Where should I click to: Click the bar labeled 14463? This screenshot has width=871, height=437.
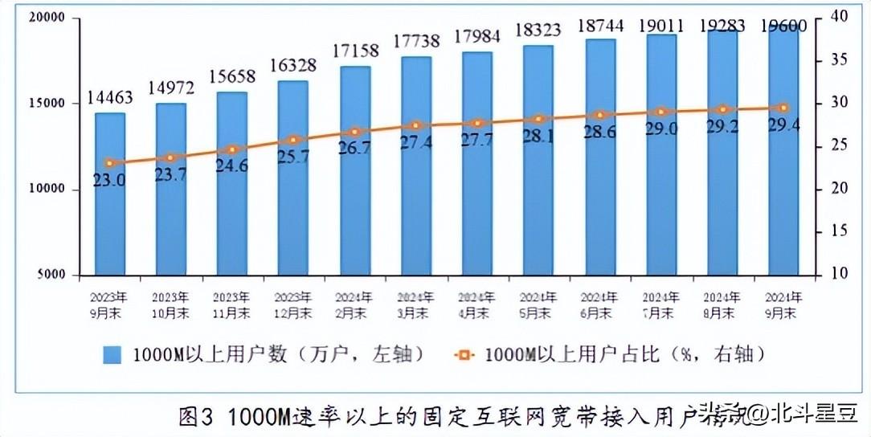[x=110, y=193]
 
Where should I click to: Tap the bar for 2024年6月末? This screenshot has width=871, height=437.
[x=599, y=157]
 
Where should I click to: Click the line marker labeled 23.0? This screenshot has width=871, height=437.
[x=110, y=163]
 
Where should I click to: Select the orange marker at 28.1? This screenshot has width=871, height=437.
[x=538, y=120]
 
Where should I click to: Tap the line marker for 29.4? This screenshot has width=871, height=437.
[x=783, y=108]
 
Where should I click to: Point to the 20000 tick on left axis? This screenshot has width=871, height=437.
[x=50, y=18]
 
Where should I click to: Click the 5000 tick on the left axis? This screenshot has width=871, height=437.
[x=54, y=275]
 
